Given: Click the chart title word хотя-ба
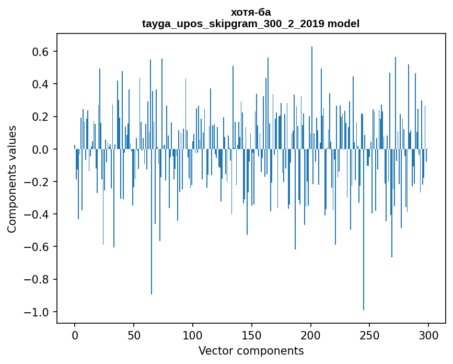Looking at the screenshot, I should point(251,12).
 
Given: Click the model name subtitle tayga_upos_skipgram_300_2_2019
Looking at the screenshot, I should point(251,24).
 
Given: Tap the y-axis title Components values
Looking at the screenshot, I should point(12,179).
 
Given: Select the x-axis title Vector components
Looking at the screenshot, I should point(251,350).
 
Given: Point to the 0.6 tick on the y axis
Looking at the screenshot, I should point(40,52).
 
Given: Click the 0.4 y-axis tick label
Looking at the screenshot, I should point(40,84).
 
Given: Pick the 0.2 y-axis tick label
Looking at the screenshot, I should point(40,117).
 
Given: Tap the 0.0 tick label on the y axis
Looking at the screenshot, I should point(40,150).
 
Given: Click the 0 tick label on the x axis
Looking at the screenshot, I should point(75,335).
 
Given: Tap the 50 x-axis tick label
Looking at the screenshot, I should point(134,335).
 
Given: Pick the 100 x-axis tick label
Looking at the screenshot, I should point(193,335).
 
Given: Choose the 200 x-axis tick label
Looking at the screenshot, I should point(311,335).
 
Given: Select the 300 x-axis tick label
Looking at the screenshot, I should point(428,335).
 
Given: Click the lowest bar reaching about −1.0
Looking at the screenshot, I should point(364,230).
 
